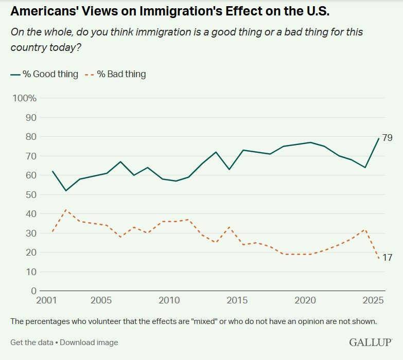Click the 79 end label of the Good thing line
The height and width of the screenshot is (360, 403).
[x=388, y=138]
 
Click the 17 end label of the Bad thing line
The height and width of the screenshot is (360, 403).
[x=388, y=257]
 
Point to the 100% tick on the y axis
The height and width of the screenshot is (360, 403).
[x=24, y=98]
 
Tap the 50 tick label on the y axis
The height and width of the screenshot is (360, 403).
[x=31, y=194]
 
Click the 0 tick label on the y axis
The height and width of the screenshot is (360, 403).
[x=34, y=291]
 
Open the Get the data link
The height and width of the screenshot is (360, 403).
[x=31, y=342]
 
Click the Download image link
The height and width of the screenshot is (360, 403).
[x=89, y=342]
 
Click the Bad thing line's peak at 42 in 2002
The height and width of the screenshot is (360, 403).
[x=66, y=210]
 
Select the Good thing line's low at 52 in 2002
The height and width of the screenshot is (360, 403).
[x=66, y=191]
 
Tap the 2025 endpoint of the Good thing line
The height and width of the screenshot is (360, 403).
[x=379, y=138]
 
